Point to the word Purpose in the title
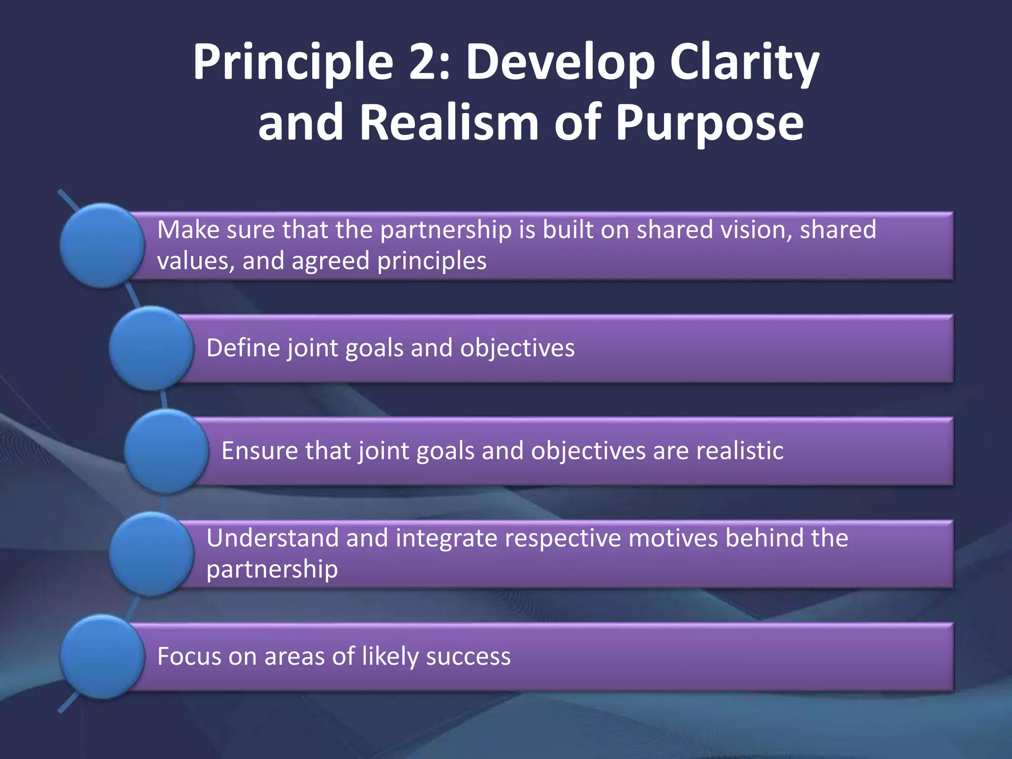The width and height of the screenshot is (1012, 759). tap(710, 124)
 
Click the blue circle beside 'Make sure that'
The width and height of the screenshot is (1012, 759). tap(102, 246)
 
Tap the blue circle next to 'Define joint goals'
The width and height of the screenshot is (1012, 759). tap(151, 348)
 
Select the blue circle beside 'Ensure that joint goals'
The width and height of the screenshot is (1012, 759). tap(167, 451)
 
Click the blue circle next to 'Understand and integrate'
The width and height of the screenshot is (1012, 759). tap(151, 554)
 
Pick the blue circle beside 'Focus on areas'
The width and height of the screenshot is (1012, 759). tap(102, 657)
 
